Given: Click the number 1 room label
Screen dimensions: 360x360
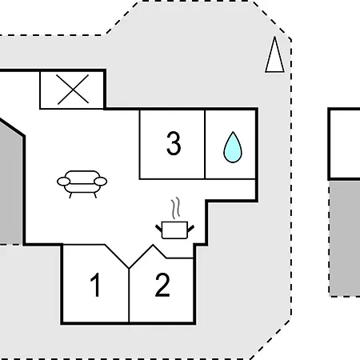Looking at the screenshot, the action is [x=95, y=285].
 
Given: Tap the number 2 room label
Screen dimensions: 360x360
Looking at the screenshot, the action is [x=162, y=285].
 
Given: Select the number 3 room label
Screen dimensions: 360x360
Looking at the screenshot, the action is [x=174, y=143].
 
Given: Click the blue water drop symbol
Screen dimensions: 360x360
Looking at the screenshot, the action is [x=233, y=147].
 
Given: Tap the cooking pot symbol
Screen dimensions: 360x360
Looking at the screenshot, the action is [x=175, y=230].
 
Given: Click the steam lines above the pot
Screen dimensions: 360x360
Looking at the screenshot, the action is [x=176, y=208].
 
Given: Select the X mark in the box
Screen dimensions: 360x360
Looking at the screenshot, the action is [x=73, y=89].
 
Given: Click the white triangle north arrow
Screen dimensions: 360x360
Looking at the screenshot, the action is [x=274, y=54].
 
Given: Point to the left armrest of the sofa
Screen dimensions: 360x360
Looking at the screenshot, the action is [x=64, y=182].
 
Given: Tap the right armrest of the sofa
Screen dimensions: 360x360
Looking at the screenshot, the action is [x=101, y=182].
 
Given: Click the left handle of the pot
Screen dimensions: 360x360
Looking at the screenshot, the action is [x=159, y=228].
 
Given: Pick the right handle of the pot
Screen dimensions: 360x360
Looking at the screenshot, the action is [x=191, y=228].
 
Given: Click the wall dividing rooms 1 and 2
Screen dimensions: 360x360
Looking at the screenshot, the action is [x=129, y=295].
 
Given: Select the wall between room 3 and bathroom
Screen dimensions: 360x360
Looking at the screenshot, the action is [x=205, y=144].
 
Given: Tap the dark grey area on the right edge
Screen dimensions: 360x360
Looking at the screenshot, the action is [x=345, y=238].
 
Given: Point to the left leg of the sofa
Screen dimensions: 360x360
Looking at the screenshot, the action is [x=70, y=195].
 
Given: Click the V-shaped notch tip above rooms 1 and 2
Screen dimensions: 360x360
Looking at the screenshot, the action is [x=129, y=268].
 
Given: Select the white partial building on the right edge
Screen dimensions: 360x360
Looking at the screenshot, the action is [x=346, y=144].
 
